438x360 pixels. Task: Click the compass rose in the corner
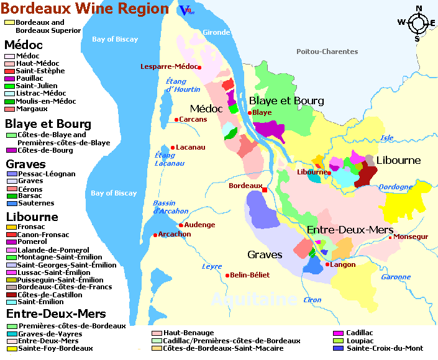(x=417, y=23)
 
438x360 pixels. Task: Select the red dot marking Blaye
(x=250, y=113)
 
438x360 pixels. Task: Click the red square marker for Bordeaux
(x=265, y=190)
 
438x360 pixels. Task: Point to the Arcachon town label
(x=175, y=234)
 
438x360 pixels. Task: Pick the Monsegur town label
(x=411, y=236)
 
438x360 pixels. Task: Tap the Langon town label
(x=344, y=264)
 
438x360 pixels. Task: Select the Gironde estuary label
(x=216, y=32)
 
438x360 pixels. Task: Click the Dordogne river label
(x=396, y=186)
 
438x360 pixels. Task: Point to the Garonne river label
(x=396, y=277)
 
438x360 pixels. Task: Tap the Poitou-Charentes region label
(x=327, y=52)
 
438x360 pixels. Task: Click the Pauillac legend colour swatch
(x=9, y=79)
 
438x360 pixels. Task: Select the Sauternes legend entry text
(x=35, y=203)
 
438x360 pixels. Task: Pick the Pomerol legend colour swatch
(x=11, y=242)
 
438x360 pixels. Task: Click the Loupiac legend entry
(x=360, y=341)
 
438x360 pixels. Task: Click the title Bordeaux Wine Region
(x=84, y=9)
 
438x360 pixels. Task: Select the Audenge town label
(x=199, y=225)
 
